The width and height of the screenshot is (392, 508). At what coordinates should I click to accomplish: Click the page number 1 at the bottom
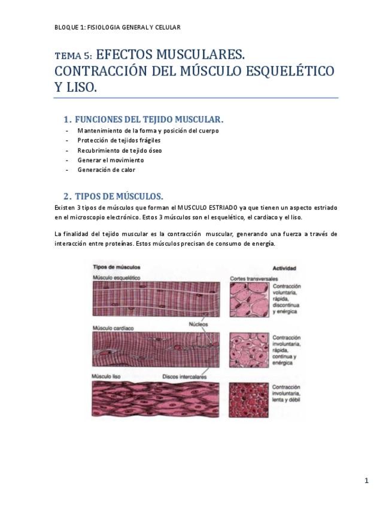pyautogui.click(x=366, y=480)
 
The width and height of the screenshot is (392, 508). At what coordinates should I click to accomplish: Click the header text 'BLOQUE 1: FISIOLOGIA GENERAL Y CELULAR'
pyautogui.click(x=117, y=27)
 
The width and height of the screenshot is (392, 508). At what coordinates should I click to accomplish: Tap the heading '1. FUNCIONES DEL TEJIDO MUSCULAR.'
pyautogui.click(x=144, y=119)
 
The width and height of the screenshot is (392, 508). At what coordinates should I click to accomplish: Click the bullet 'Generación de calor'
pyautogui.click(x=106, y=170)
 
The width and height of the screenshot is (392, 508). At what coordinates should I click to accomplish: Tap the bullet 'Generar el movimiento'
pyautogui.click(x=110, y=160)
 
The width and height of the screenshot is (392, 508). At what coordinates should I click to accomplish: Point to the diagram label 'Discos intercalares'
pyautogui.click(x=184, y=377)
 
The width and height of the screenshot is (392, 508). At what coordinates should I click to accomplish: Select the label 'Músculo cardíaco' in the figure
pyautogui.click(x=113, y=328)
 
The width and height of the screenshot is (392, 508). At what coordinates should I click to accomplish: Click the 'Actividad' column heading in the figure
pyautogui.click(x=284, y=268)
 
